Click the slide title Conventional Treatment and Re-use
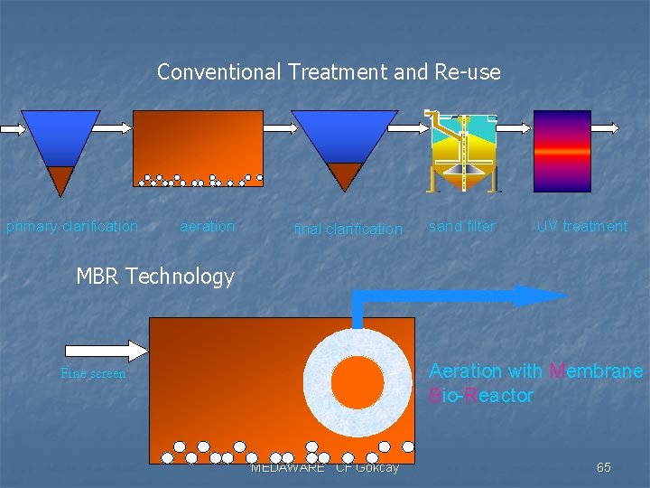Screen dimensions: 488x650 329,72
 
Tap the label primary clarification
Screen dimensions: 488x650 72,226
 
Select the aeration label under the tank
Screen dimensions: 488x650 207,226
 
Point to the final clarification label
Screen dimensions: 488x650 348,230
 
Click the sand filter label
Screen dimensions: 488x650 461,226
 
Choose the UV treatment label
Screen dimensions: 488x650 581,226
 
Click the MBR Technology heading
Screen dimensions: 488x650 155,277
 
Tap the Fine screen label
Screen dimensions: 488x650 93,373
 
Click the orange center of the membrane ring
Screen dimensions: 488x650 357,382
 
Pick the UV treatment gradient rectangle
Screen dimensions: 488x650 562,151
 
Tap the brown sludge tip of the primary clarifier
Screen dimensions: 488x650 60,178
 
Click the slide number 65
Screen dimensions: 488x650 603,467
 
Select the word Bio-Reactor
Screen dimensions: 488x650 481,396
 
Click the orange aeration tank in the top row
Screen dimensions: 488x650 198,145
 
